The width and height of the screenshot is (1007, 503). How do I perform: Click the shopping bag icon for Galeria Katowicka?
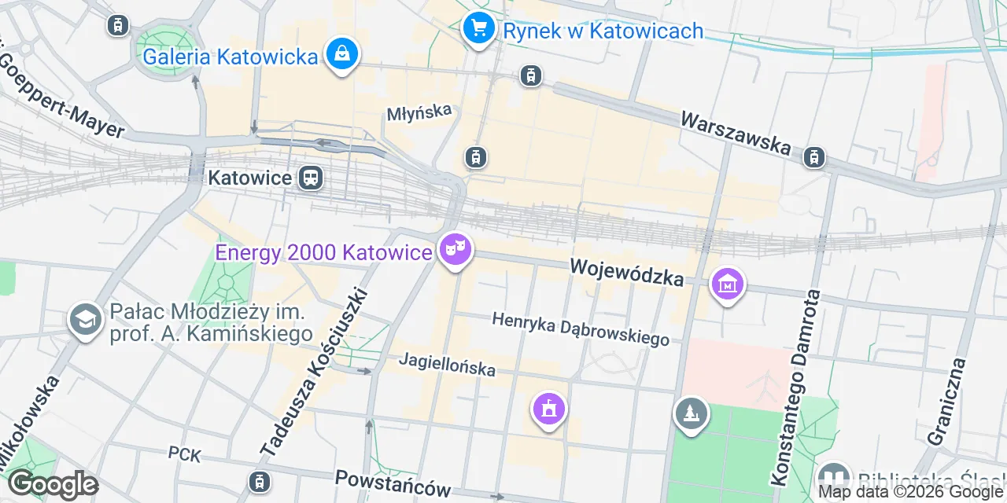pos(341,54)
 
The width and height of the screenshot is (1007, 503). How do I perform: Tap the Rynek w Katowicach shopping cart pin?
pos(478,28)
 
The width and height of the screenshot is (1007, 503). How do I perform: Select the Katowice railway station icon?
pos(311,178)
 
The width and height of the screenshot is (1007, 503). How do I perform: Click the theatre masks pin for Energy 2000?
pos(455,249)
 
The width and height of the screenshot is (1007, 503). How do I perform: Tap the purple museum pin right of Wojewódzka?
pos(728,284)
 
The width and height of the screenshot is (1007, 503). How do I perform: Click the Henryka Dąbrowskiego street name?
pos(581,329)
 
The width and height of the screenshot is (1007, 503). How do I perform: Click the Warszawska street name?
pos(735,132)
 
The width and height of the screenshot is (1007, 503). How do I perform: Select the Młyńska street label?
pos(420,112)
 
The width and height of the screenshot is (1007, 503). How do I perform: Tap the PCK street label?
pos(185,454)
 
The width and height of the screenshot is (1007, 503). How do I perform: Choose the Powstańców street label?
pos(392,482)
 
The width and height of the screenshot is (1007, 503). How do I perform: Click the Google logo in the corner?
pos(53,485)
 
